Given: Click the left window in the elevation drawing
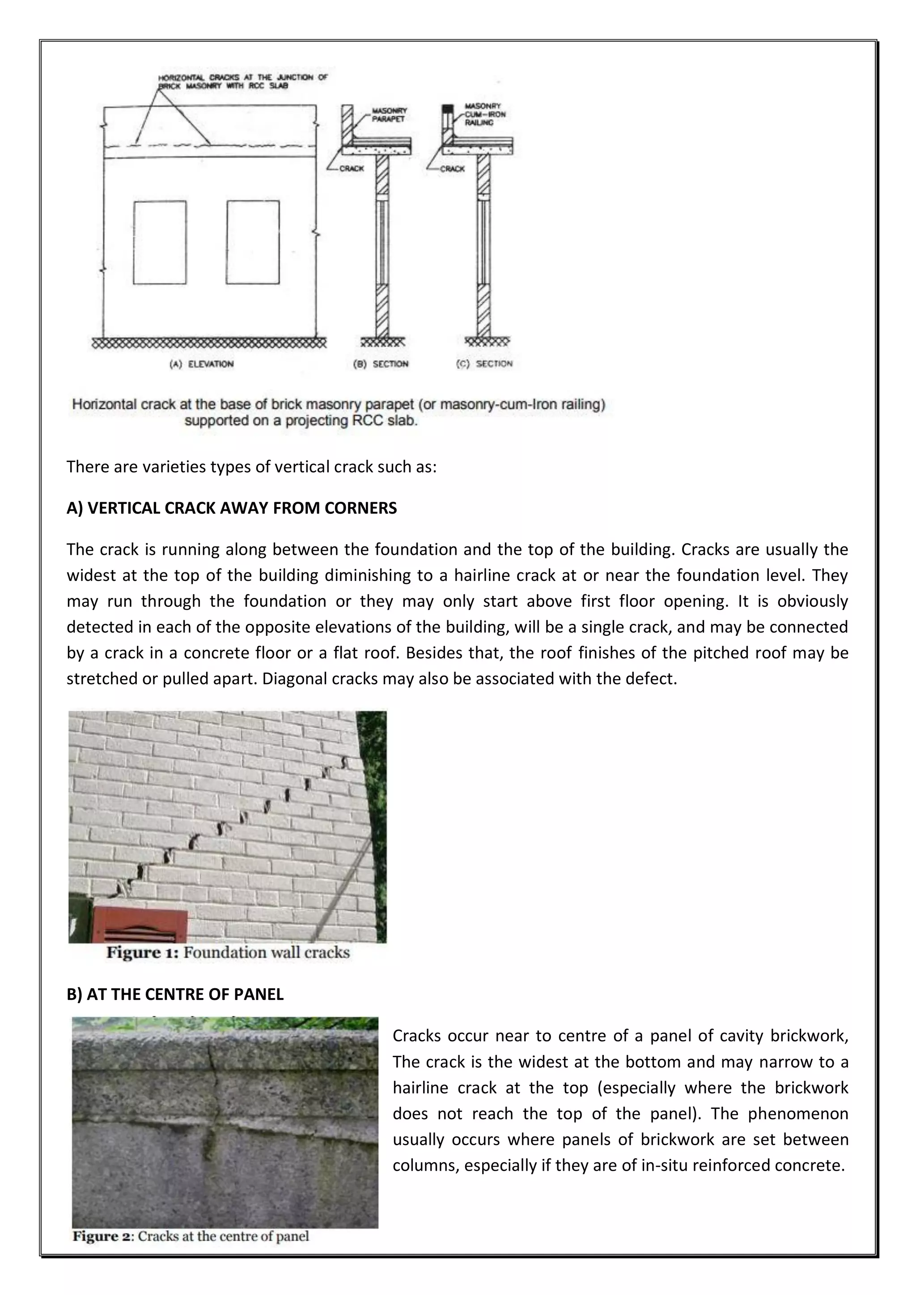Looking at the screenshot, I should [160, 242].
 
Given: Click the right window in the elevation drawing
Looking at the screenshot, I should [253, 242].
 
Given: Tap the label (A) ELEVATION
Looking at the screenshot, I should [201, 364].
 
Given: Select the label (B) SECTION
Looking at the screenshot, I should [380, 364].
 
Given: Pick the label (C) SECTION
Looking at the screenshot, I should [484, 364].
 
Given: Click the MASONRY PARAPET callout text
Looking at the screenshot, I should [389, 114].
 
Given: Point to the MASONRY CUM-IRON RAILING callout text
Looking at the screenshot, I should [485, 114].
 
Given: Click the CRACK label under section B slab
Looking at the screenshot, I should [352, 169].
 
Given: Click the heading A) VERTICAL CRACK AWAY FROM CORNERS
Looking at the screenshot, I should [231, 508].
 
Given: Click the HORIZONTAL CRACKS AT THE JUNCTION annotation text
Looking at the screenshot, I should [242, 81].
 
